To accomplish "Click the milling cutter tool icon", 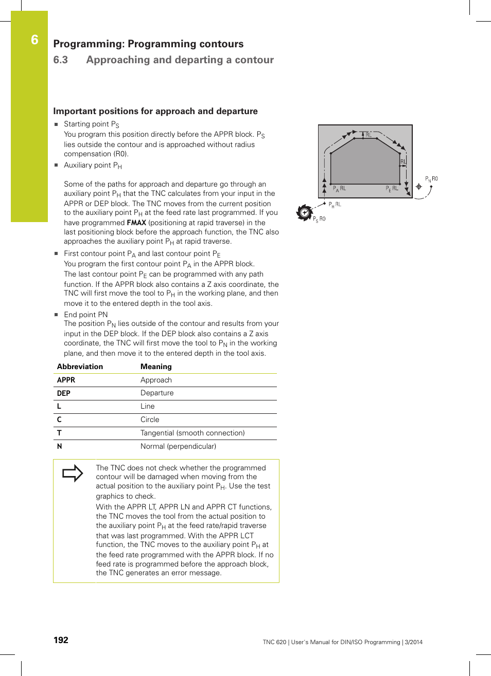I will pos(305,212).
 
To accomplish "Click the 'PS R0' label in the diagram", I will pos(319,219).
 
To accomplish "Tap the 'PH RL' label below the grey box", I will pos(335,205).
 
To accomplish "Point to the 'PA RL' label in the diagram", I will pos(339,189).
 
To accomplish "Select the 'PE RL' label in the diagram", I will pos(392,189).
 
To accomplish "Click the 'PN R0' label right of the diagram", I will pos(431,179).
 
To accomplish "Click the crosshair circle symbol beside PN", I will pos(419,187).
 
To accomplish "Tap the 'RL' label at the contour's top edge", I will pos(369,135).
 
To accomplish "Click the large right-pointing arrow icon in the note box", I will pos(73,473).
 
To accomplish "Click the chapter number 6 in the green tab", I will pos(34,40).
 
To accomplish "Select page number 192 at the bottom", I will pos(61,640).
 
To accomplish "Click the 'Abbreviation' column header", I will pos(80,367).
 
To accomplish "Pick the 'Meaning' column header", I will pos(156,367).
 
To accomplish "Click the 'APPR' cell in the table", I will pos(66,380).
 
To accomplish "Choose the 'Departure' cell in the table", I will pos(157,393).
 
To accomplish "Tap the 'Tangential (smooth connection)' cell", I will pos(192,433).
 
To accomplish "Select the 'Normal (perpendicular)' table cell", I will pos(178,446).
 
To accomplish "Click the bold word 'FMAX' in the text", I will pos(136,223).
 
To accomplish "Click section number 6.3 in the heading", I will pos(61,60).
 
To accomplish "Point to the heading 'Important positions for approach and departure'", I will pos(155,111).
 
